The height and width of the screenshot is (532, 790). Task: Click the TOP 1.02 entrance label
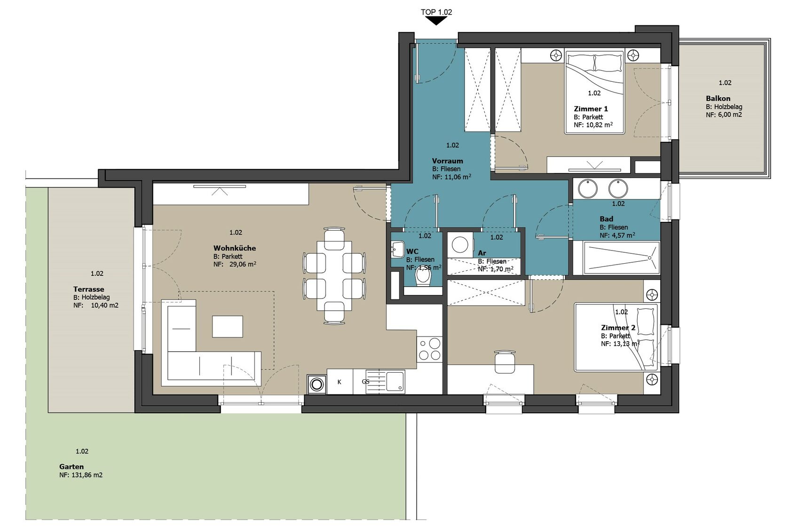point(436,12)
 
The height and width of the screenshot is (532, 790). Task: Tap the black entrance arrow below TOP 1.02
point(436,21)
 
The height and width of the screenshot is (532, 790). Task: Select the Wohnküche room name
point(235,248)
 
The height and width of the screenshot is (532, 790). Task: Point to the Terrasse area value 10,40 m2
point(105,305)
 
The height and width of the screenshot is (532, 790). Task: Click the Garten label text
point(71,467)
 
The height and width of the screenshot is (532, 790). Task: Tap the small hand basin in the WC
point(397,249)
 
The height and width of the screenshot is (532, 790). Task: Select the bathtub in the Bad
point(616,258)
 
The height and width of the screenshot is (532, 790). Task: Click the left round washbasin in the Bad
point(588,188)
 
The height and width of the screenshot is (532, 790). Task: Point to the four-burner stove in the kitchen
point(429,349)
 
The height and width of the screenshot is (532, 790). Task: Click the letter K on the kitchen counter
point(340,382)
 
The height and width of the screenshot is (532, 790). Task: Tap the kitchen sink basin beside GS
point(395,382)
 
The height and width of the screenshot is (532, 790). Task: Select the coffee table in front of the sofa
point(228,327)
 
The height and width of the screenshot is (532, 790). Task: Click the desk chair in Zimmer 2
point(505,362)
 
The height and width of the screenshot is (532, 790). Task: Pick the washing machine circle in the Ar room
point(460,245)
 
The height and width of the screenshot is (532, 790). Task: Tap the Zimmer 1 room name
point(591,109)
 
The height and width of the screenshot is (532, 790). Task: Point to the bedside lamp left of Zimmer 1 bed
point(556,55)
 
